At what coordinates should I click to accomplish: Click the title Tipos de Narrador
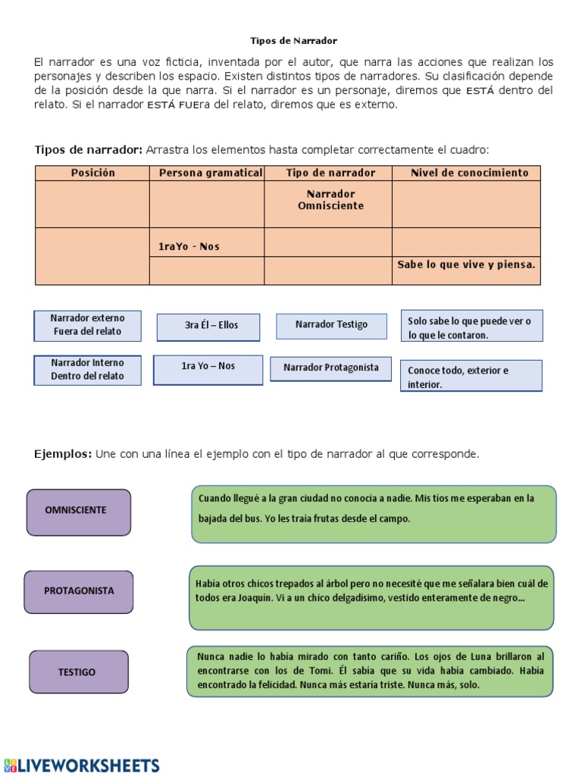click(x=293, y=40)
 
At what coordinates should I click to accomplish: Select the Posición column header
click(x=92, y=173)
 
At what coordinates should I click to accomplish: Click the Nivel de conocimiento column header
click(x=469, y=173)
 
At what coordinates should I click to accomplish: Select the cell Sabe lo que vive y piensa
click(x=466, y=264)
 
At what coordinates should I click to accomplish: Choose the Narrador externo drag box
click(x=87, y=325)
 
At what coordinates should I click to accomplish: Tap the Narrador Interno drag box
click(x=87, y=370)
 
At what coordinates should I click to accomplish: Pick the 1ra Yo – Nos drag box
click(x=208, y=367)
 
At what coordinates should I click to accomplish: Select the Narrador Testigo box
click(x=331, y=325)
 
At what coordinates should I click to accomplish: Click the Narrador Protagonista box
click(x=330, y=368)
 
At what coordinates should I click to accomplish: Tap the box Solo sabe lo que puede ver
click(x=471, y=327)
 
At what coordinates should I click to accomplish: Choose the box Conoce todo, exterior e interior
click(x=471, y=377)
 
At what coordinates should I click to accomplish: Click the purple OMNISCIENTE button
click(x=78, y=511)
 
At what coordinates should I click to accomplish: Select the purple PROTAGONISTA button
click(x=78, y=591)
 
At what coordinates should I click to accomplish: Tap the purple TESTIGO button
click(x=78, y=671)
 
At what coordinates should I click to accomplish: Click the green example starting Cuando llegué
click(x=374, y=514)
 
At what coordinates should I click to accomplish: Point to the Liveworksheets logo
click(x=81, y=765)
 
